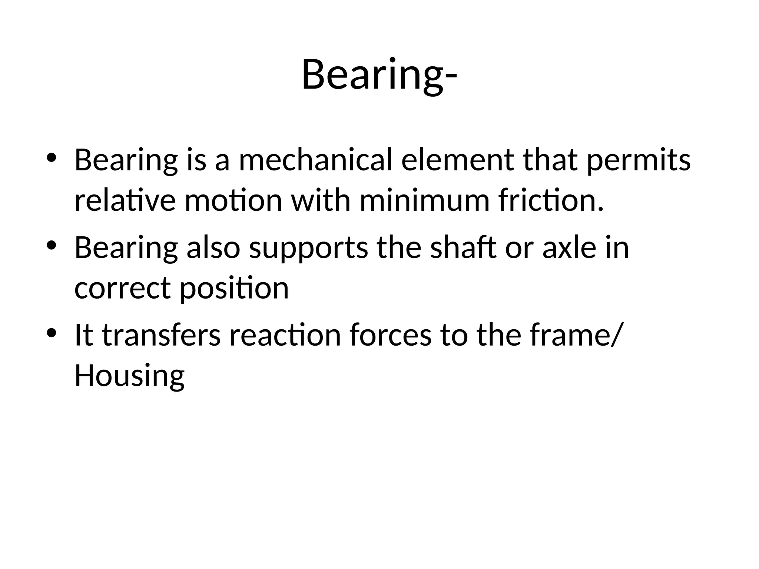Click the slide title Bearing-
(x=379, y=75)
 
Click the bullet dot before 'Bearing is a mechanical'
(x=51, y=158)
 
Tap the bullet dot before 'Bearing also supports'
(x=51, y=245)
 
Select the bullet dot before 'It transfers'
(x=51, y=332)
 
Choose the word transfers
(x=161, y=335)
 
